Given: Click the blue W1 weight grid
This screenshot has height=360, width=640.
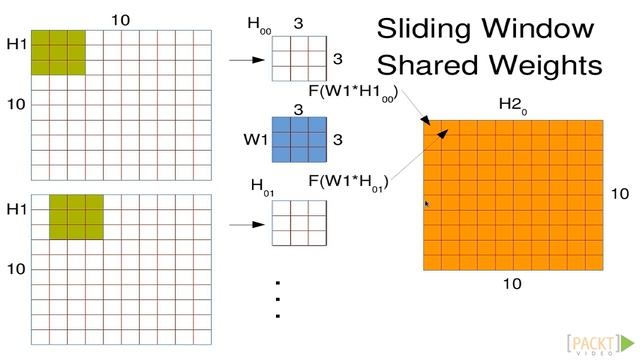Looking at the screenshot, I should (300, 140).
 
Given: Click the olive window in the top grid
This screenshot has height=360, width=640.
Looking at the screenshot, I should (58, 52).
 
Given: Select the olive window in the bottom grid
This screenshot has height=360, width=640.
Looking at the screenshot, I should (76, 217).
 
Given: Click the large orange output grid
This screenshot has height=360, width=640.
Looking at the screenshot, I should (513, 195).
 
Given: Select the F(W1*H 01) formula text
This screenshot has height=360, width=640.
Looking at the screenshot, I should (349, 182).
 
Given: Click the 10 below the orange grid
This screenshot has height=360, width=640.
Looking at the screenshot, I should (511, 284).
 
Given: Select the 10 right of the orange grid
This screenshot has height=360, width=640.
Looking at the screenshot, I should (620, 194).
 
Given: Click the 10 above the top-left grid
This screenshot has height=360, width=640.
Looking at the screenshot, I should (120, 19).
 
